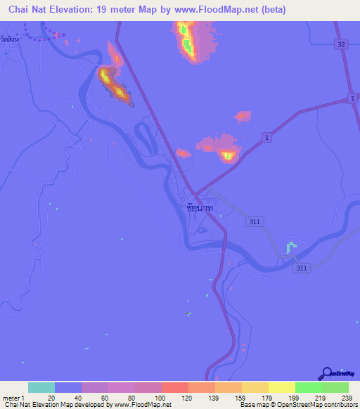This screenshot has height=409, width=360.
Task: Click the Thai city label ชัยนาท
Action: click(x=200, y=209)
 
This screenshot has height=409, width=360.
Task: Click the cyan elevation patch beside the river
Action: click(x=290, y=247)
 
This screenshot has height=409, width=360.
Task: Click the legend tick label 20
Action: click(x=51, y=398)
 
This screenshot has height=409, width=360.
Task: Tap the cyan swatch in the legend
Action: click(x=41, y=387)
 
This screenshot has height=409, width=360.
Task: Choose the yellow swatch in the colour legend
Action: click(x=281, y=387)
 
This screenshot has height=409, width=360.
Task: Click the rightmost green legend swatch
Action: click(x=335, y=387)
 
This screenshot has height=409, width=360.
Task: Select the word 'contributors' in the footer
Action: click(x=335, y=405)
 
